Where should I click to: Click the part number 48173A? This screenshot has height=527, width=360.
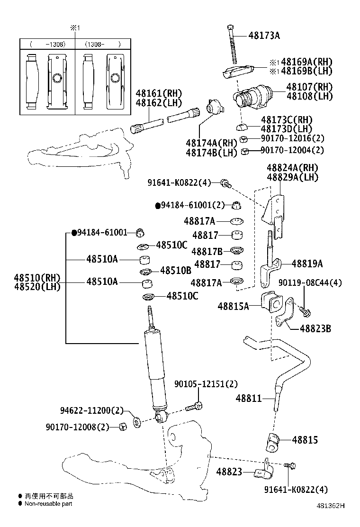264,35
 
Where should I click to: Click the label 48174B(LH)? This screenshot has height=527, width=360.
211,153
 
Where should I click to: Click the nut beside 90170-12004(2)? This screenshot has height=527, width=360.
245,152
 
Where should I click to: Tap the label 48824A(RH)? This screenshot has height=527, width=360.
292,168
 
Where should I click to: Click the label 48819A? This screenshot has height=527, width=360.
307,264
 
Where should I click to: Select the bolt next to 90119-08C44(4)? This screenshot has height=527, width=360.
305,311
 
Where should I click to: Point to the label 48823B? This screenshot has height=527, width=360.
315,328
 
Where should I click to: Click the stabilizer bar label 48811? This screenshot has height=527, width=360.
249,399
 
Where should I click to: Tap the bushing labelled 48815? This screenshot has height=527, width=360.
272,441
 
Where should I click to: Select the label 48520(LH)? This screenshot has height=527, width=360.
37,287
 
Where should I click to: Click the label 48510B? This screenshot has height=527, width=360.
175,271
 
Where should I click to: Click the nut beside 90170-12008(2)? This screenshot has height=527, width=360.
122,427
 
